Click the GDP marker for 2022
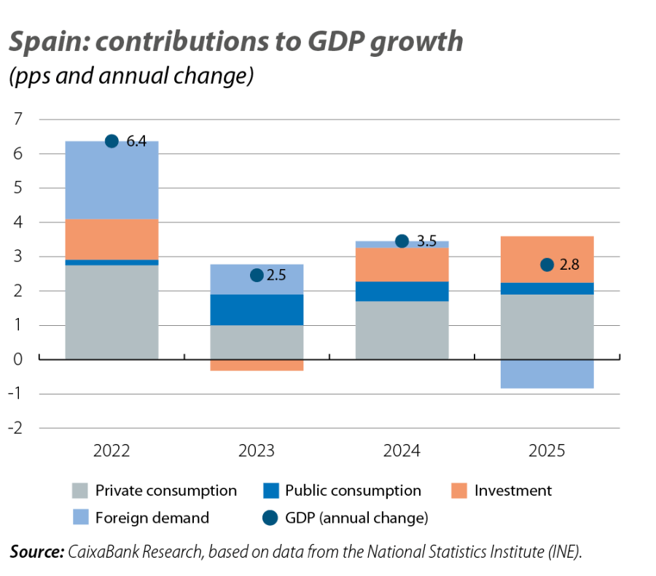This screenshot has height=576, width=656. (x=112, y=141)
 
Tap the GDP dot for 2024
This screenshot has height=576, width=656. (x=402, y=241)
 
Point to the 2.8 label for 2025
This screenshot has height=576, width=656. (x=570, y=265)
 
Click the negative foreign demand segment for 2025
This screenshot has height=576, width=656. (x=547, y=374)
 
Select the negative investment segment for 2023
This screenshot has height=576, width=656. (x=257, y=365)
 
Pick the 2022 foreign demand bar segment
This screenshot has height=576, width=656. (x=112, y=180)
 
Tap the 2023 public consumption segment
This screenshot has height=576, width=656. (x=257, y=310)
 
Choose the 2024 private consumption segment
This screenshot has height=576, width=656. (x=402, y=330)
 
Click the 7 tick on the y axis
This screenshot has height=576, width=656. (x=18, y=119)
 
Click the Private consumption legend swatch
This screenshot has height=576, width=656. (x=80, y=491)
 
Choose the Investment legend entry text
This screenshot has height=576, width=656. (x=513, y=491)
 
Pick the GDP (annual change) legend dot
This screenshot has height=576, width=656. (x=271, y=518)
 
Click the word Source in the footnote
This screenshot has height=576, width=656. (x=36, y=552)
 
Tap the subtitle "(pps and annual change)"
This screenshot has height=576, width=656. (x=131, y=77)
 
